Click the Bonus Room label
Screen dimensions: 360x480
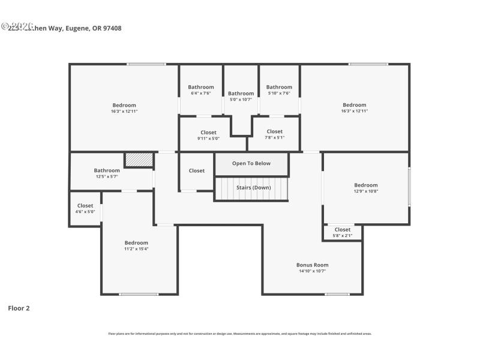pos(312,265)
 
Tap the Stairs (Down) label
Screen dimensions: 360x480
pos(253,188)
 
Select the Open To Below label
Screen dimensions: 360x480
pos(251,163)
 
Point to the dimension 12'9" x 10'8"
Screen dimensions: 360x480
pos(365,191)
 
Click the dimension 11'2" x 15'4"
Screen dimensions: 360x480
pos(136,249)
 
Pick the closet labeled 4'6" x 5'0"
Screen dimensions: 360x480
pos(85,209)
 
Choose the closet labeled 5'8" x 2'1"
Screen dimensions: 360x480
pos(342,232)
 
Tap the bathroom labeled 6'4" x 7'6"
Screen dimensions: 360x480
pos(200,90)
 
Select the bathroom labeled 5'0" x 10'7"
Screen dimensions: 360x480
pos(241,97)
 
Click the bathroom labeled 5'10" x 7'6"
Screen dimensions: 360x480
pos(279,90)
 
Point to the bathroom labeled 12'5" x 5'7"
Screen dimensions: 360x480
pos(107,173)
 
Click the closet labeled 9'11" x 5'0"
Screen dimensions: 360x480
pos(208,135)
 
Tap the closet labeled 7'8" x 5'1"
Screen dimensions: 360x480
pos(274,134)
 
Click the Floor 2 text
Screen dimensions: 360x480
pos(19,308)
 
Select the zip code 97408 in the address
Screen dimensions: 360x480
pos(112,28)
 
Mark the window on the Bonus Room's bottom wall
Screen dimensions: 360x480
pos(337,294)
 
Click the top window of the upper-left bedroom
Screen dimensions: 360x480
pos(146,64)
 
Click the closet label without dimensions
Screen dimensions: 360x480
pos(196,171)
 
